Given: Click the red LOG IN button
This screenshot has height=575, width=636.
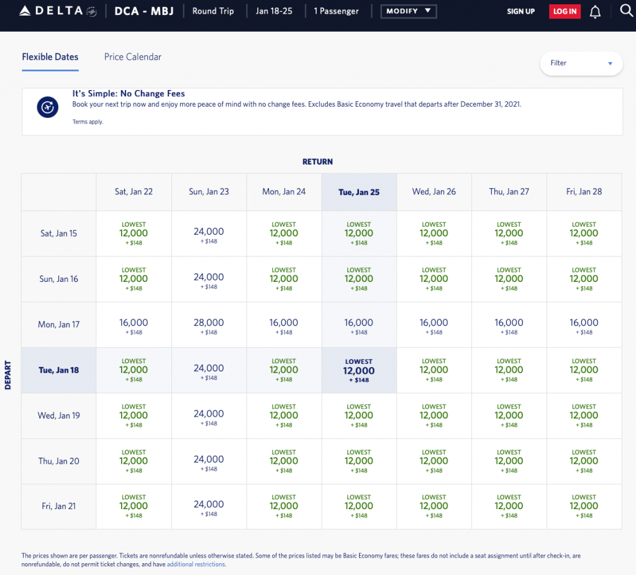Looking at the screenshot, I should point(565,11).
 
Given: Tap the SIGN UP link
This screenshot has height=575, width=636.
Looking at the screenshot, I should point(520,11).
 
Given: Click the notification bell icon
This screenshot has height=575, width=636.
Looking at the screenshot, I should point(595,12).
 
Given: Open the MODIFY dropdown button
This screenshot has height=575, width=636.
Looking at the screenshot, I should point(408,11).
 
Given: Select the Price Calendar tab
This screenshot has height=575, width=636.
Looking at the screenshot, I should point(133,57).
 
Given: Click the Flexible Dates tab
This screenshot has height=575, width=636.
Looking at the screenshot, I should point(50,57).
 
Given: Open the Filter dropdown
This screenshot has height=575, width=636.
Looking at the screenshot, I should point(581,63).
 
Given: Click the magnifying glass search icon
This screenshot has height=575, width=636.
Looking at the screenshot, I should point(626,11).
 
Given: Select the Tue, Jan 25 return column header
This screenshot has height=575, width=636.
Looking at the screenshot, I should point(359,192).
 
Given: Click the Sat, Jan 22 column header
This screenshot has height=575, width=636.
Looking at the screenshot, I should point(134,192).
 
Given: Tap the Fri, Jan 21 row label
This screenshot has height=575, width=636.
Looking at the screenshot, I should point(59,506).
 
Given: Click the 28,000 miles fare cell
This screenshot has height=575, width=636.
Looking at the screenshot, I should point(209,325).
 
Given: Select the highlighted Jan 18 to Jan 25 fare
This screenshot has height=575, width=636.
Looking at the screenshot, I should point(359,371).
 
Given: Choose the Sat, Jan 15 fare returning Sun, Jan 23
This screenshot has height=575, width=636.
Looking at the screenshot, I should point(209,234).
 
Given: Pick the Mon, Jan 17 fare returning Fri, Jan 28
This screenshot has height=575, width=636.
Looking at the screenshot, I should point(584,325).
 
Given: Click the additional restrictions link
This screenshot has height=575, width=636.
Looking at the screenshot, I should point(196,565).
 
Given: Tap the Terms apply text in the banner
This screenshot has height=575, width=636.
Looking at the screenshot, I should point(88,122).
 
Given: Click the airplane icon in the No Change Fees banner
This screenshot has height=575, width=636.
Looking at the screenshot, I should point(47,107).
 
